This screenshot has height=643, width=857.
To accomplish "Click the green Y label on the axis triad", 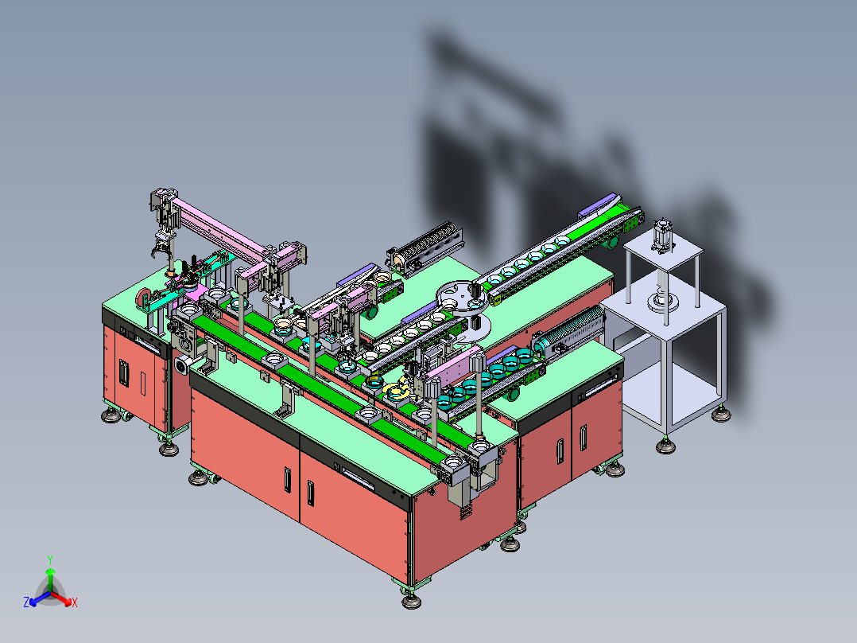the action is point(50,559).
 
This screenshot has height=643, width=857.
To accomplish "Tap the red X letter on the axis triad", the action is point(75,602).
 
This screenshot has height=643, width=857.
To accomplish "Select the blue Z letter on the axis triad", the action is point(26,602).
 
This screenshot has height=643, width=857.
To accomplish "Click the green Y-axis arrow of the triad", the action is point(50,579).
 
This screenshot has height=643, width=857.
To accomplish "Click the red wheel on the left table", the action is point(143,297).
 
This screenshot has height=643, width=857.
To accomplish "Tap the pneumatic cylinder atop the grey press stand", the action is point(662,236).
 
